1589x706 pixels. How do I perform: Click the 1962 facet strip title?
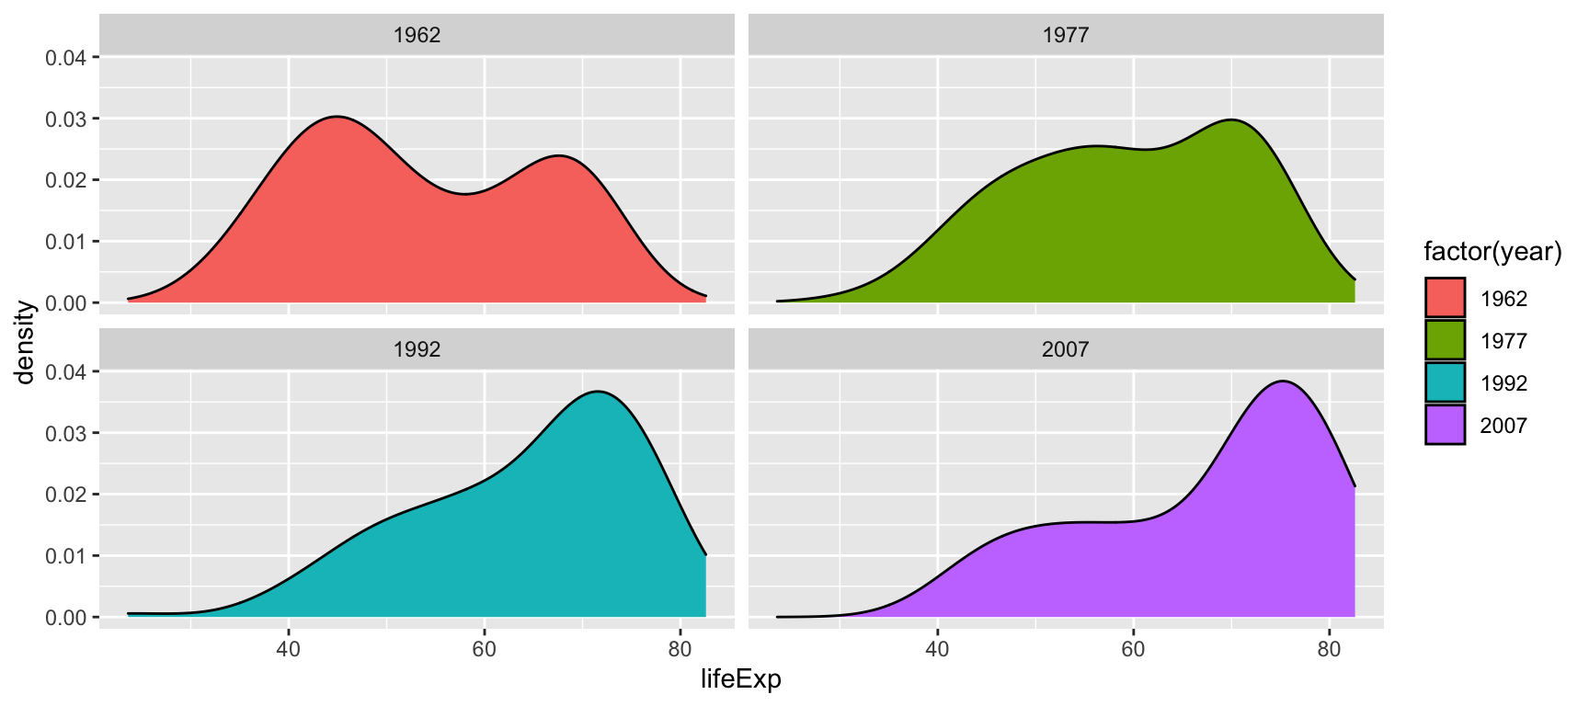pyautogui.click(x=417, y=36)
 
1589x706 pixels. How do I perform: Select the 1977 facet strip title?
pyautogui.click(x=1065, y=36)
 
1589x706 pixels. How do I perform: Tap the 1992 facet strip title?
pyautogui.click(x=417, y=350)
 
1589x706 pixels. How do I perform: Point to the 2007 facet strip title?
pyautogui.click(x=1065, y=350)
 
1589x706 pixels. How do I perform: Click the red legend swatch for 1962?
pyautogui.click(x=1445, y=299)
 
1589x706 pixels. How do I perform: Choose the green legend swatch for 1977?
pyautogui.click(x=1445, y=341)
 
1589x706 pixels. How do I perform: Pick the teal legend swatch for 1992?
pyautogui.click(x=1445, y=383)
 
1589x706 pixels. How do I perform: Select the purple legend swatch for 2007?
pyautogui.click(x=1445, y=426)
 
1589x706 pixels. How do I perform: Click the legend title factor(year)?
pyautogui.click(x=1492, y=252)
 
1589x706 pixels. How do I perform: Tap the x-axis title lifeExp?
pyautogui.click(x=740, y=680)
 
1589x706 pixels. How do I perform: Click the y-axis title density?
pyautogui.click(x=25, y=342)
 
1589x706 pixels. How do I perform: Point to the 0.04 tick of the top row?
pyautogui.click(x=66, y=58)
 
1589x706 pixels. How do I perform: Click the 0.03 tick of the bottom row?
pyautogui.click(x=66, y=433)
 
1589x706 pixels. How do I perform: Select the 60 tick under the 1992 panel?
pyautogui.click(x=484, y=649)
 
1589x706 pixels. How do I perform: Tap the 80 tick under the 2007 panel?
pyautogui.click(x=1329, y=649)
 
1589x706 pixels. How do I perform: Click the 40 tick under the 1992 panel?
pyautogui.click(x=289, y=649)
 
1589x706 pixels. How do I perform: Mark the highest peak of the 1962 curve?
pyautogui.click(x=337, y=117)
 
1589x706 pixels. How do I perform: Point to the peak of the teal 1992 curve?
pyautogui.click(x=599, y=393)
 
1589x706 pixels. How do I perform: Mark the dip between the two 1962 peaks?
pyautogui.click(x=464, y=194)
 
